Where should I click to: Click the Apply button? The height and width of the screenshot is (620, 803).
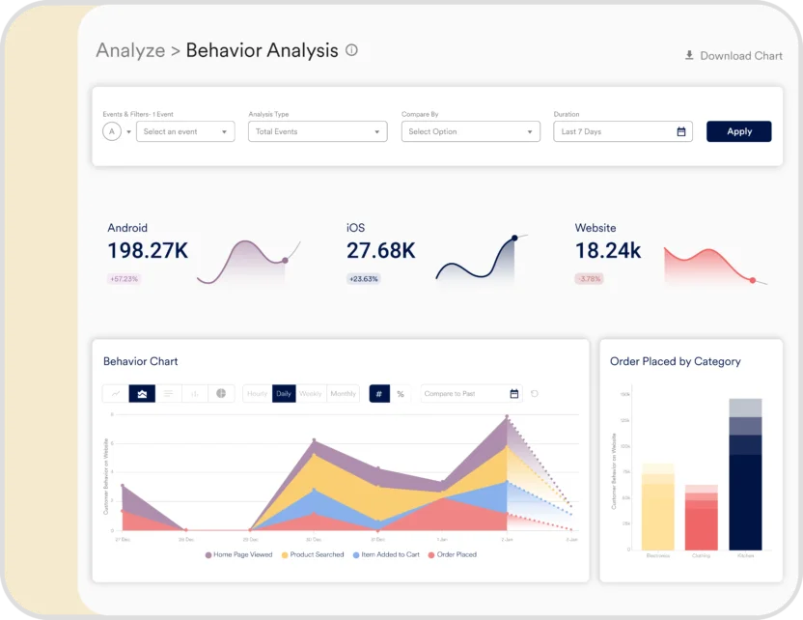pyautogui.click(x=738, y=131)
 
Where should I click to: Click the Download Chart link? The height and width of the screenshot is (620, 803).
pyautogui.click(x=734, y=56)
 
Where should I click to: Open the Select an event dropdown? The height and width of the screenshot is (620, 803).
pyautogui.click(x=185, y=131)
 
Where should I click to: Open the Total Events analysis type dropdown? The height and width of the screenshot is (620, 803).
pyautogui.click(x=318, y=131)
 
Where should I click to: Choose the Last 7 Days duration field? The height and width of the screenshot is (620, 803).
pyautogui.click(x=623, y=131)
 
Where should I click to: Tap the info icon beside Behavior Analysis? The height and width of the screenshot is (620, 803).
pyautogui.click(x=351, y=50)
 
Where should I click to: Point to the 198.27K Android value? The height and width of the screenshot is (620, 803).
pyautogui.click(x=148, y=251)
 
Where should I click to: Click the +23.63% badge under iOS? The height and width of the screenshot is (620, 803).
pyautogui.click(x=364, y=279)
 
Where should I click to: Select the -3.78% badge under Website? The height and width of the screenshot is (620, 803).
pyautogui.click(x=589, y=279)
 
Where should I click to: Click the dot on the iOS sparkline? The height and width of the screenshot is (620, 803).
pyautogui.click(x=514, y=238)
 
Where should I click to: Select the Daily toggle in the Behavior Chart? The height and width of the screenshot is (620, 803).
pyautogui.click(x=284, y=394)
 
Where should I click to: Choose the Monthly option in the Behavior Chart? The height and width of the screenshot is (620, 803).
pyautogui.click(x=343, y=394)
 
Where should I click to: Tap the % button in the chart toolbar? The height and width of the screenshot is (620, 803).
pyautogui.click(x=401, y=394)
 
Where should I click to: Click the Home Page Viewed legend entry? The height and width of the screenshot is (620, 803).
pyautogui.click(x=238, y=555)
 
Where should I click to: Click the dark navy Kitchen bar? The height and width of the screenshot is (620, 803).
pyautogui.click(x=745, y=502)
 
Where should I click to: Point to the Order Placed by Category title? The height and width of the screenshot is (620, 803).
pyautogui.click(x=676, y=361)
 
